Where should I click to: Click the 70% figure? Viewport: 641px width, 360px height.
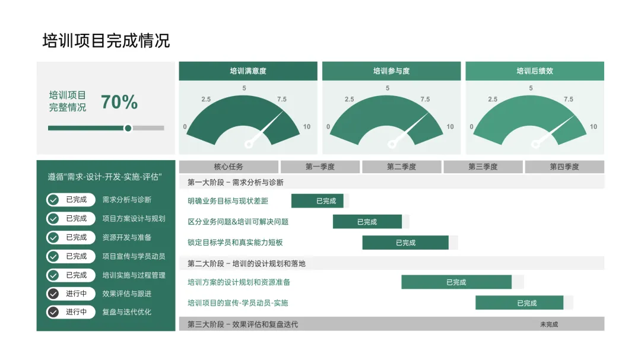coord(119,102)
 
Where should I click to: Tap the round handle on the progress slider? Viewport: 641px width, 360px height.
coord(128,128)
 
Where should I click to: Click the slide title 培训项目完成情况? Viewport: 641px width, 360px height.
coord(106,40)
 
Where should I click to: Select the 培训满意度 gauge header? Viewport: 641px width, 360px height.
coord(248,71)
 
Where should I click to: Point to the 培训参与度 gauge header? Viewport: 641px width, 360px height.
coord(391,71)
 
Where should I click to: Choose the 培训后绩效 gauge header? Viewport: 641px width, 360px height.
coord(535,71)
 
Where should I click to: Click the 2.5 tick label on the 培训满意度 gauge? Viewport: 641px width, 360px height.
coord(206,99)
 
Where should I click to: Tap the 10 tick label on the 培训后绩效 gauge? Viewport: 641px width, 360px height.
coord(594,126)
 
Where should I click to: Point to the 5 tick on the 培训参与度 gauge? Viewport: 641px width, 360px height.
coord(388,88)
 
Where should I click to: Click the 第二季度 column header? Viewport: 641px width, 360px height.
coord(402,167)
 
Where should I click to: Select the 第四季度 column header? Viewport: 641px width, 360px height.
coord(564,167)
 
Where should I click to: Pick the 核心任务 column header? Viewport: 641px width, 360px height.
coord(229,167)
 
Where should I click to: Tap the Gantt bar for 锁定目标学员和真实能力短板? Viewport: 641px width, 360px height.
coord(405,243)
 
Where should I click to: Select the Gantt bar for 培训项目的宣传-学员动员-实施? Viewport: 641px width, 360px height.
coord(519,303)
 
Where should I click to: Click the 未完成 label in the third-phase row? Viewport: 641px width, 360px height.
coord(549,324)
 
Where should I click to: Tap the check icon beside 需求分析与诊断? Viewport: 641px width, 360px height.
coord(53,200)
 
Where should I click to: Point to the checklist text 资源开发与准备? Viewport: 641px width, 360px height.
coord(127,237)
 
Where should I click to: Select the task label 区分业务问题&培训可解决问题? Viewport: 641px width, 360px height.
coord(238,222)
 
